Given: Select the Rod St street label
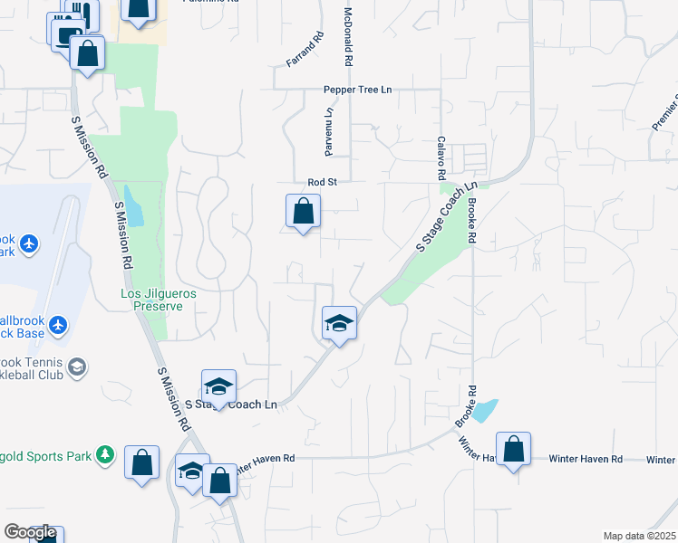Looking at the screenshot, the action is [x=322, y=182].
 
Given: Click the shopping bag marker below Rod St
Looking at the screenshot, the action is [x=303, y=213].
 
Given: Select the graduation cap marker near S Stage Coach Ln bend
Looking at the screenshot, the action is [x=339, y=323].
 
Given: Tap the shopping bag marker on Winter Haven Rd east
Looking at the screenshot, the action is [x=513, y=450].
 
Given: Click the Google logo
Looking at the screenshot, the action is [x=29, y=533].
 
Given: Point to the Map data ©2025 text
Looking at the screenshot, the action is [x=639, y=536].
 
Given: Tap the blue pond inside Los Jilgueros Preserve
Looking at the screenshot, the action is [x=134, y=207].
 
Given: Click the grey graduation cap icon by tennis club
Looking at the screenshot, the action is [x=78, y=367].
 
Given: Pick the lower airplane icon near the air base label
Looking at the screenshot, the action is [x=60, y=324].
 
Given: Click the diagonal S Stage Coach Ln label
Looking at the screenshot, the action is [x=445, y=218].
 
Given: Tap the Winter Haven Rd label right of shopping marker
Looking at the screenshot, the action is [x=585, y=459].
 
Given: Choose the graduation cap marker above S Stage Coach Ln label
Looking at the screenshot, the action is [x=218, y=387].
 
